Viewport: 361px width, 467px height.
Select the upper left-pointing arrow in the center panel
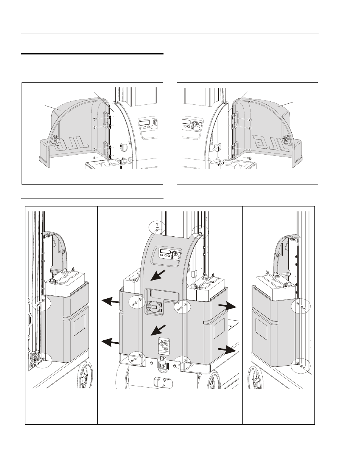110,301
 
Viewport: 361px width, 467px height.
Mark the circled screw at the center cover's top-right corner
199,230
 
